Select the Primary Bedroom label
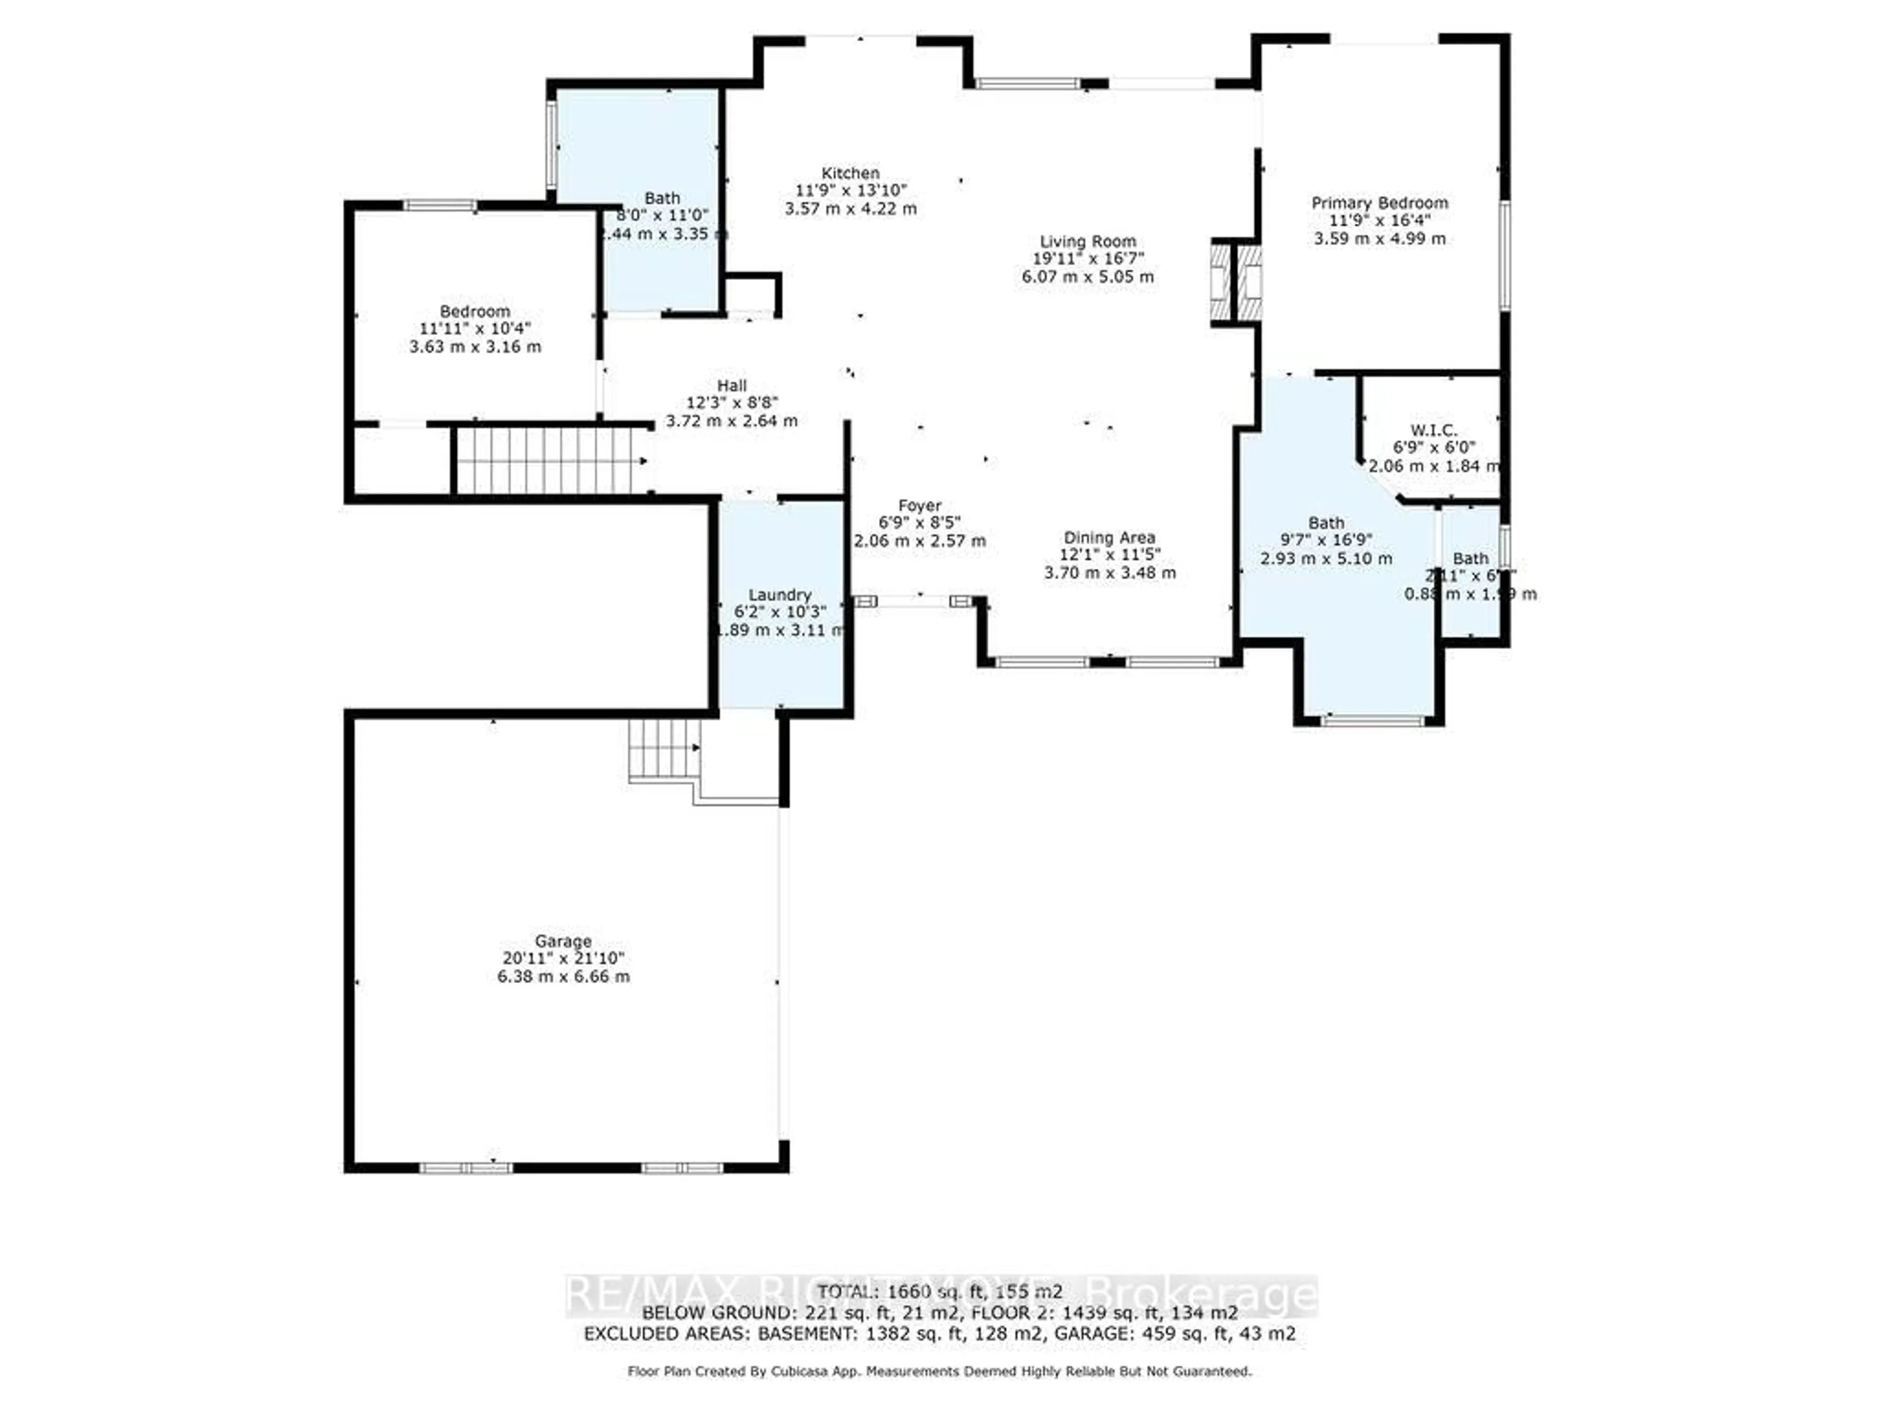(x=1380, y=203)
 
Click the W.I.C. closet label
(x=1434, y=430)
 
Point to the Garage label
(x=563, y=941)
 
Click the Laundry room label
(x=779, y=595)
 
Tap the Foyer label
(x=919, y=506)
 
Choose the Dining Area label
(x=1109, y=538)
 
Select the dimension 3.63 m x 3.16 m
(x=475, y=347)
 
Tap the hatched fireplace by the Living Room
(x=1235, y=283)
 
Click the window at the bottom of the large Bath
(x=1372, y=721)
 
